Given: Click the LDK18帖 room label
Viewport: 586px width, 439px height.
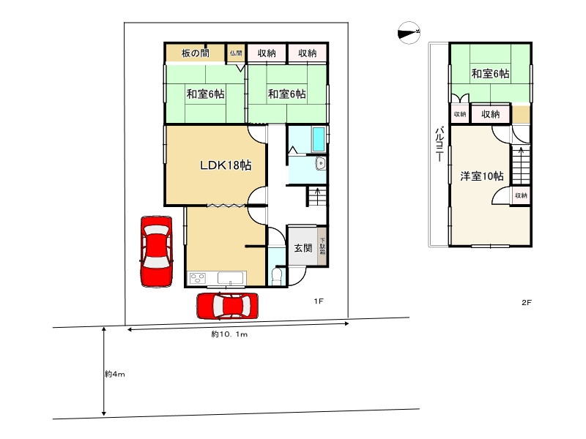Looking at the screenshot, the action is [226, 165].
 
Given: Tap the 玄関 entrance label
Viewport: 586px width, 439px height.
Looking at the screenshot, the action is [303, 247].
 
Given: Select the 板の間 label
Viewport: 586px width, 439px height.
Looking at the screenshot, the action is [195, 53].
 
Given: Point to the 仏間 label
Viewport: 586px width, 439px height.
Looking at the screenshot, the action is [236, 53].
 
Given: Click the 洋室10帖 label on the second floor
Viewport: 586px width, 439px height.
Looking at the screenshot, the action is [482, 176].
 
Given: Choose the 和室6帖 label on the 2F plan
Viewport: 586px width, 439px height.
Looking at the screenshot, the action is [490, 73].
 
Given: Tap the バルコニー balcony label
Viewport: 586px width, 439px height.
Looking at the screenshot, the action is [440, 144].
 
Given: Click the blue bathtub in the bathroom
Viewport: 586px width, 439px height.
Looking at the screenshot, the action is [319, 139].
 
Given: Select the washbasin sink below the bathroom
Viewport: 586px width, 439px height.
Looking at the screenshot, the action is [320, 163].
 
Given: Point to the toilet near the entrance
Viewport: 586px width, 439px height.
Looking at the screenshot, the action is [277, 276].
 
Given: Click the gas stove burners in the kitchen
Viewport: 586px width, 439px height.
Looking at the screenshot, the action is [197, 278].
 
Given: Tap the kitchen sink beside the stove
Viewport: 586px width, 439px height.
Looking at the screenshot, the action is [231, 278].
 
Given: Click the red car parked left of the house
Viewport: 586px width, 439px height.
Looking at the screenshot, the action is [157, 251].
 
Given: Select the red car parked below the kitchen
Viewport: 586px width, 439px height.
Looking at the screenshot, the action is [228, 306].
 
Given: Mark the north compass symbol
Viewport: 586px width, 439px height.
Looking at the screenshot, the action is [409, 33].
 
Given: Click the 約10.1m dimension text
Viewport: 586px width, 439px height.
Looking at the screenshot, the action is [229, 334].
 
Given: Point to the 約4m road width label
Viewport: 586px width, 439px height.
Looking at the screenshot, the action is [115, 374].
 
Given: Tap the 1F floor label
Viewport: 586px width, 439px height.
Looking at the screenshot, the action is [319, 301].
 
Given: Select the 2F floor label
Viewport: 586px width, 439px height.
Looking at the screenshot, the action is [526, 302].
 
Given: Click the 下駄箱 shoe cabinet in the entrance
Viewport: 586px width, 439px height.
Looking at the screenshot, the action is [322, 247].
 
